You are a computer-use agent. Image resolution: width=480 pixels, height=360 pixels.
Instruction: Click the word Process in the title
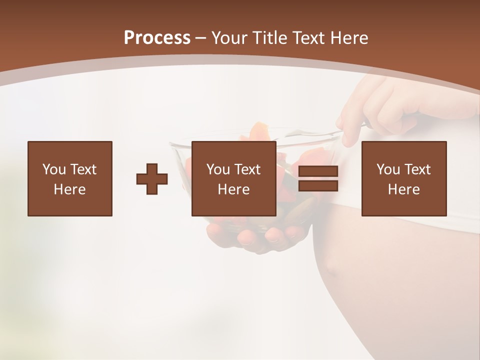[x=157, y=38]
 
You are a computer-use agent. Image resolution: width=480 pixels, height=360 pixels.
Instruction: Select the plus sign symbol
[x=152, y=179]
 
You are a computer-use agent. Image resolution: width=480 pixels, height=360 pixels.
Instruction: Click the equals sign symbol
[x=318, y=178]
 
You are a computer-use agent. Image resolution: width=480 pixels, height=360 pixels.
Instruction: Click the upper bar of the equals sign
[x=318, y=171]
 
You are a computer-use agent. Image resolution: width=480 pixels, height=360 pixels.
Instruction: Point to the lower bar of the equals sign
[x=318, y=185]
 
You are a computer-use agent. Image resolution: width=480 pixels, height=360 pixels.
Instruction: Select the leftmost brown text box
[x=70, y=178]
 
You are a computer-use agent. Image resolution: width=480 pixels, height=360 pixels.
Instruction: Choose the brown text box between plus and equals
[x=234, y=178]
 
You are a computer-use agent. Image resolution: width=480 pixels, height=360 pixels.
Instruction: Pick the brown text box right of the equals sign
[x=404, y=178]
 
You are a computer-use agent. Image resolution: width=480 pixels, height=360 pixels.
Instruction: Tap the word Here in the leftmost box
[x=70, y=189]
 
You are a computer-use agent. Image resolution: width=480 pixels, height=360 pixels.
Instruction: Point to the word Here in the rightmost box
[x=404, y=189]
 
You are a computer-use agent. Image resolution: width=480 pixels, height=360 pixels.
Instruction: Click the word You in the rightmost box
[x=387, y=169]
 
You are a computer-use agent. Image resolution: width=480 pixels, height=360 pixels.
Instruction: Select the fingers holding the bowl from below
[x=250, y=235]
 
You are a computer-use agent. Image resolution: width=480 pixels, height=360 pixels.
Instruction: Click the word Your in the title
[x=229, y=38]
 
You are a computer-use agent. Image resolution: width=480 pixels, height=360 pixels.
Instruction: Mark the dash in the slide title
[x=201, y=38]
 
